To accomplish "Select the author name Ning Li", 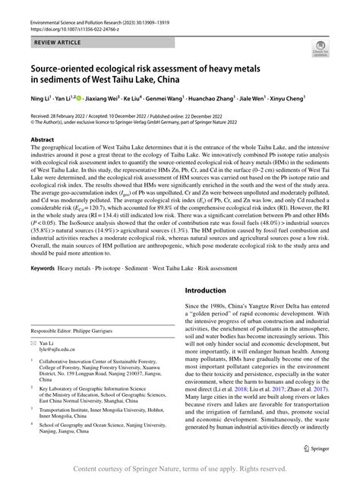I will pos(40,98).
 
